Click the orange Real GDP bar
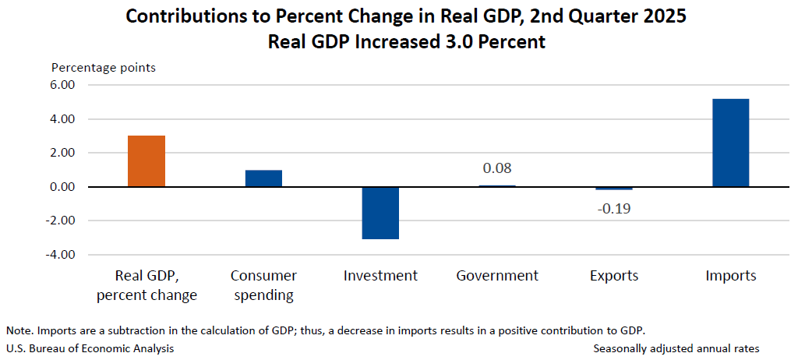click(x=147, y=161)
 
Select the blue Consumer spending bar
click(x=263, y=178)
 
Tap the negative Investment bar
click(x=380, y=213)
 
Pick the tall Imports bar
click(x=730, y=143)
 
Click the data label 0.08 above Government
click(x=497, y=168)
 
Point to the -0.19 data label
click(x=613, y=208)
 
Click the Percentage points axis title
click(x=104, y=68)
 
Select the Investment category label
click(x=380, y=276)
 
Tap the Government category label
click(x=497, y=276)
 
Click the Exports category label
click(x=613, y=276)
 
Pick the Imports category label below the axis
click(x=730, y=276)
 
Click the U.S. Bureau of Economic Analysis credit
click(x=90, y=348)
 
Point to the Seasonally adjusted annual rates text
click(x=676, y=348)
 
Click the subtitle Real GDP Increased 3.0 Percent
click(x=406, y=42)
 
